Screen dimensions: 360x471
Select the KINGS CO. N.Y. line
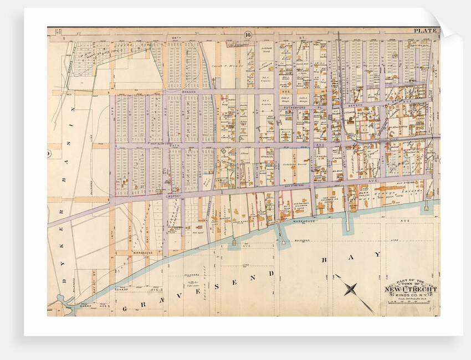411,295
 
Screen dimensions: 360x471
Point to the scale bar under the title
411,299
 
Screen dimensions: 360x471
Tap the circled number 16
248,35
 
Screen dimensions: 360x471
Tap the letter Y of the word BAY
377,254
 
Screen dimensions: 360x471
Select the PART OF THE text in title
411,281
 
